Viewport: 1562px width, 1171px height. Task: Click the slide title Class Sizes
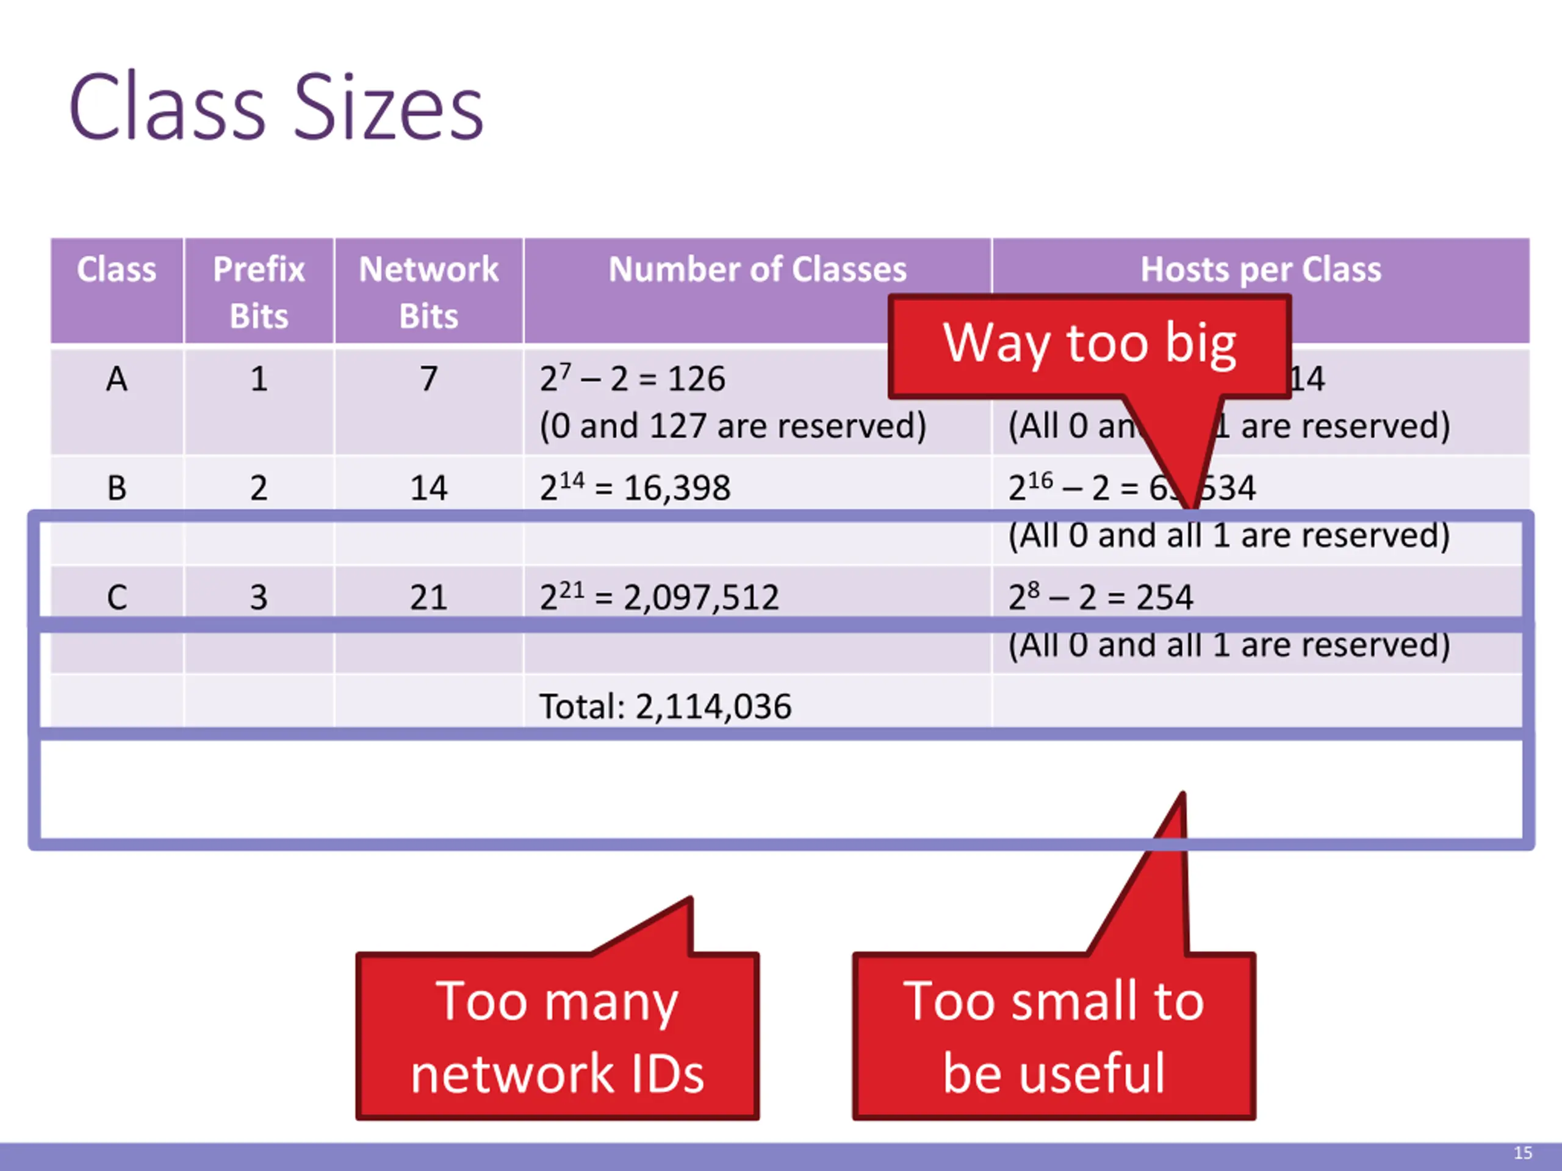point(275,107)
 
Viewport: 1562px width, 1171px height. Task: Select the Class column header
point(117,270)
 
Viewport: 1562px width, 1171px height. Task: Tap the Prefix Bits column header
point(259,292)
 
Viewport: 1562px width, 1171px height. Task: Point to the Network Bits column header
point(428,292)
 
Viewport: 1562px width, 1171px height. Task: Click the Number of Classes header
point(757,270)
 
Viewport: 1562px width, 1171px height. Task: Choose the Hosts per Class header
point(1261,270)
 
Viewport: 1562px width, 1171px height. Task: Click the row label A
point(117,379)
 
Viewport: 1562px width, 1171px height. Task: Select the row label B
point(117,488)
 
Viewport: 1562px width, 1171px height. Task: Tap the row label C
point(117,597)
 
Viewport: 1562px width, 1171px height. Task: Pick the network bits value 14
point(428,488)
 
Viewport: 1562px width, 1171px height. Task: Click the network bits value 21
point(428,597)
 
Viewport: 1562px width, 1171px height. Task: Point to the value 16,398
point(677,488)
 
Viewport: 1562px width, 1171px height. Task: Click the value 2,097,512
point(700,597)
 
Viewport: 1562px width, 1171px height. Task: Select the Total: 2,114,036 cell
point(664,706)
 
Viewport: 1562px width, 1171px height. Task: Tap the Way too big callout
point(1089,345)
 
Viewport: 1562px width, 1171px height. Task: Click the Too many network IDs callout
point(557,1036)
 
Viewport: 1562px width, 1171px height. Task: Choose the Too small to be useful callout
point(1054,1036)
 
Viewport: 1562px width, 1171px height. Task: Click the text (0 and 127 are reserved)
point(732,426)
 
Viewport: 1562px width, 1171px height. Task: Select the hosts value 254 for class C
point(1164,597)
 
